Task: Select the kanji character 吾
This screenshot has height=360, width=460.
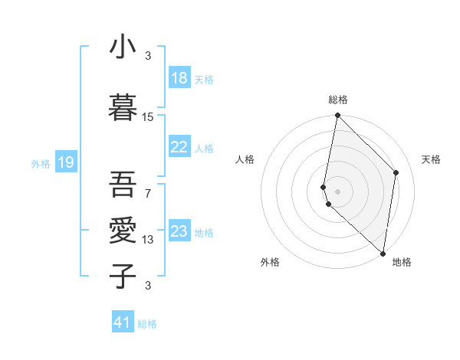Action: [x=123, y=184]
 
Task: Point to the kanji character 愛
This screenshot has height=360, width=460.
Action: [x=123, y=230]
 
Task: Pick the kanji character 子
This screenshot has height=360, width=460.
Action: [x=123, y=276]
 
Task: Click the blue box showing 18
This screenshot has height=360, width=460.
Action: [x=179, y=78]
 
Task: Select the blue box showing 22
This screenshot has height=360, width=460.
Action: [x=179, y=147]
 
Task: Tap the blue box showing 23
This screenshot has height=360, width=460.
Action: [x=179, y=231]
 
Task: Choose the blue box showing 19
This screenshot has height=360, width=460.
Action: [x=65, y=162]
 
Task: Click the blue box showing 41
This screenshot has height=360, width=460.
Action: [x=123, y=322]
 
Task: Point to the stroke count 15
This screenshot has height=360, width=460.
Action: [x=148, y=117]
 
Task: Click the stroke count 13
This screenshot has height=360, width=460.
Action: [x=148, y=240]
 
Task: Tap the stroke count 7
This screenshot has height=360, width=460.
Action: [x=148, y=192]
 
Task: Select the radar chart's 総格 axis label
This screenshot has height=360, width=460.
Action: [x=338, y=100]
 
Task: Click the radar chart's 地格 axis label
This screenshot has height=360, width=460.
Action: [x=402, y=262]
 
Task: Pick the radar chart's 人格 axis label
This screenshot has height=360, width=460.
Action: [x=245, y=159]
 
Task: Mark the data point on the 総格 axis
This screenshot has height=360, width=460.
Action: [x=337, y=116]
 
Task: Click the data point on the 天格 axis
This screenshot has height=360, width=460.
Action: [x=396, y=172]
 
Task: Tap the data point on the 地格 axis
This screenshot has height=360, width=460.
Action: [x=383, y=254]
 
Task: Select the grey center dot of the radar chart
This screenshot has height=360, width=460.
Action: [x=337, y=191]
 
